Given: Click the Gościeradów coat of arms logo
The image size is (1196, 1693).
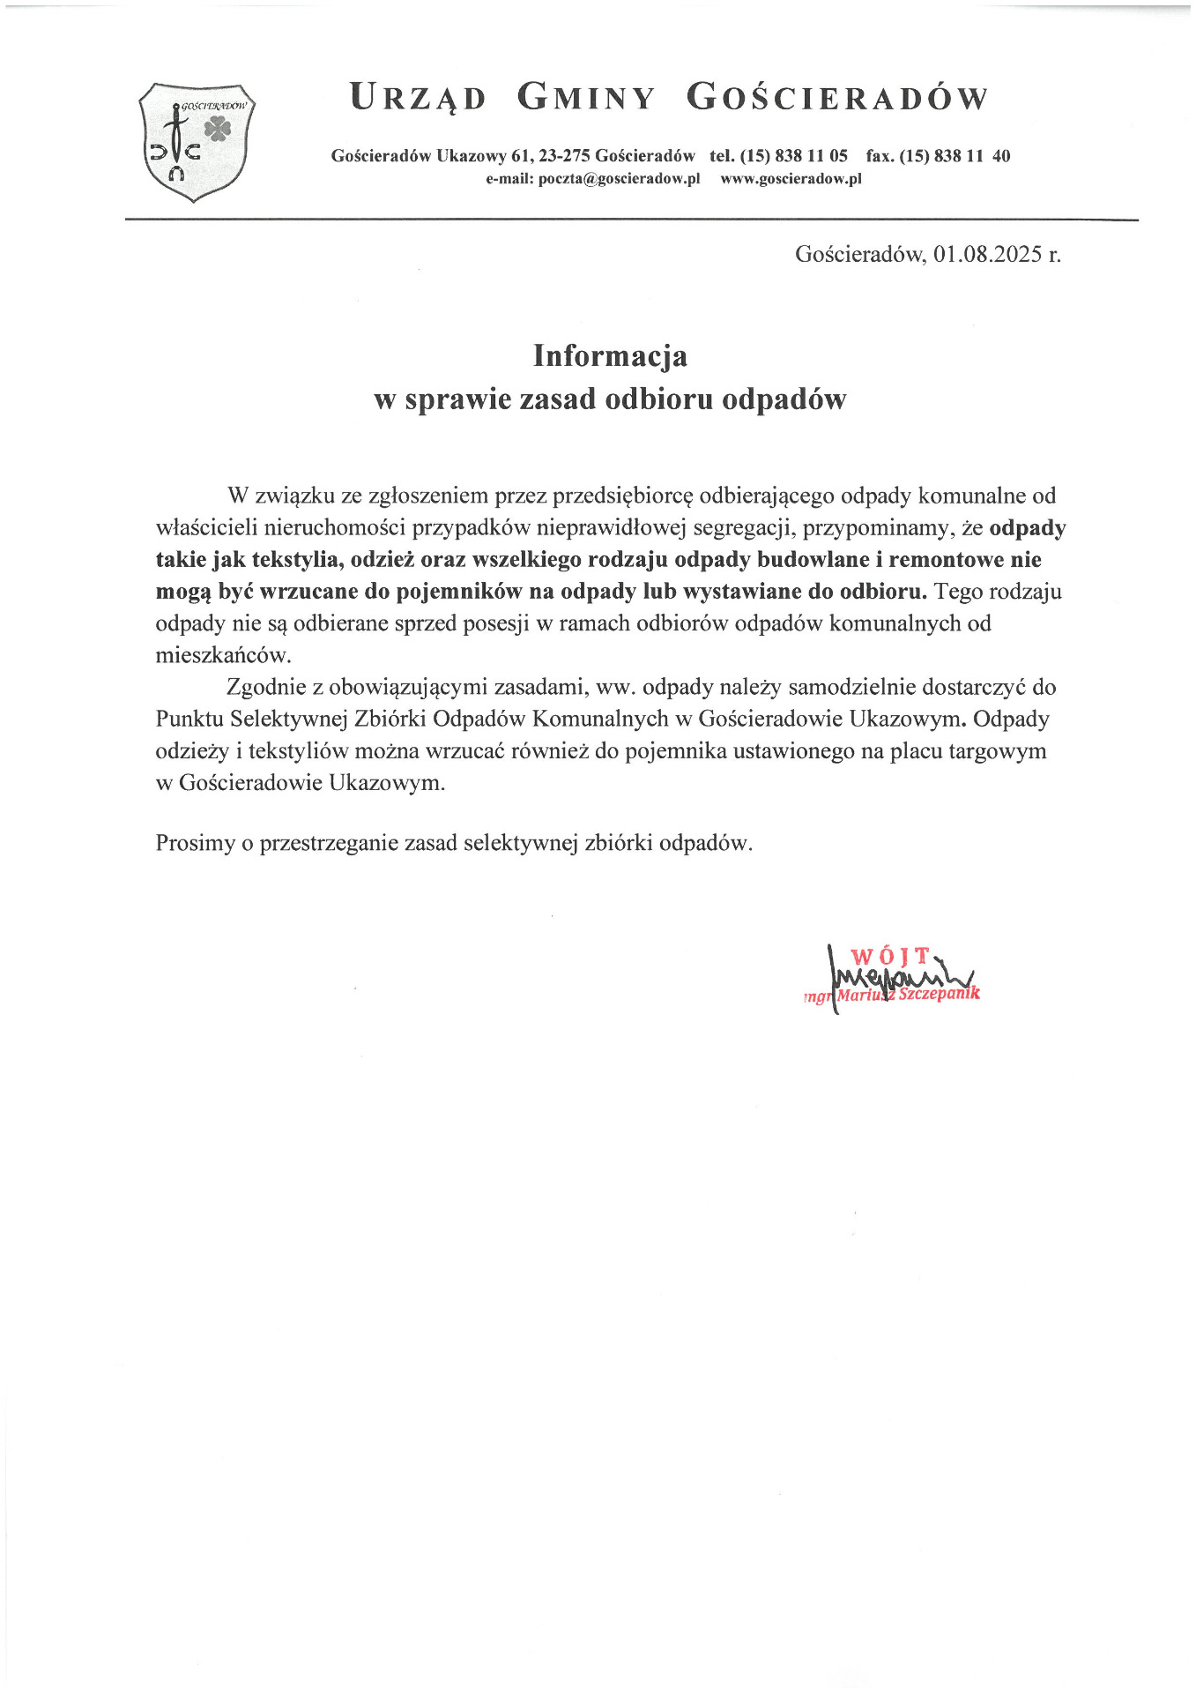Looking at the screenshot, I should (197, 141).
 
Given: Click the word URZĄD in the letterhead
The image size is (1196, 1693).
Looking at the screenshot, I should (418, 98).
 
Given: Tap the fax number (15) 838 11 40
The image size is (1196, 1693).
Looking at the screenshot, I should (955, 156).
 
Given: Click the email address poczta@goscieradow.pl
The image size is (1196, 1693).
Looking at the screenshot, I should (619, 179).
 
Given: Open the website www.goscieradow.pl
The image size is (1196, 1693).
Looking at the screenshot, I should (791, 179).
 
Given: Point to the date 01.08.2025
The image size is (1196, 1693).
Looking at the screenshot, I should (988, 255).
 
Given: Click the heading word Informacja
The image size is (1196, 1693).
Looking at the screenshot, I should (610, 356).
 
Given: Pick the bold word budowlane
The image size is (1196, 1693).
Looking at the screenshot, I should (813, 560).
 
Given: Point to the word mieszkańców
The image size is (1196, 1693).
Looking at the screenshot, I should (223, 656).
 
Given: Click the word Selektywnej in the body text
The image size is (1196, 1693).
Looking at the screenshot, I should (289, 720).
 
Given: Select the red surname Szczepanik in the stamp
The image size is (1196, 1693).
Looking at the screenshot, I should (939, 994).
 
